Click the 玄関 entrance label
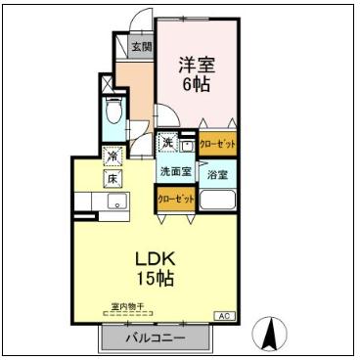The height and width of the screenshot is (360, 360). tap(142, 47)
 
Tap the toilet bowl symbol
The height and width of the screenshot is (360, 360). tap(112, 112)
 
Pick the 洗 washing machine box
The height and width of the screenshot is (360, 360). tap(168, 142)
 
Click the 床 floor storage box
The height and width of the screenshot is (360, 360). tap(112, 178)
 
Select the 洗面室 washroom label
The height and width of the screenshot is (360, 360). tap(176, 171)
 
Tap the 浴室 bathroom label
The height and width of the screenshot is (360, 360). tap(217, 175)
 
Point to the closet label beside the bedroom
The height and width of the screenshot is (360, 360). tap(217, 143)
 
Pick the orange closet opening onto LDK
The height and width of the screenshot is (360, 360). tap(176, 199)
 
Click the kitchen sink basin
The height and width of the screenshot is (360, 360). tap(115, 203)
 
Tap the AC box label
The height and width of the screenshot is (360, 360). tap(224, 315)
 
